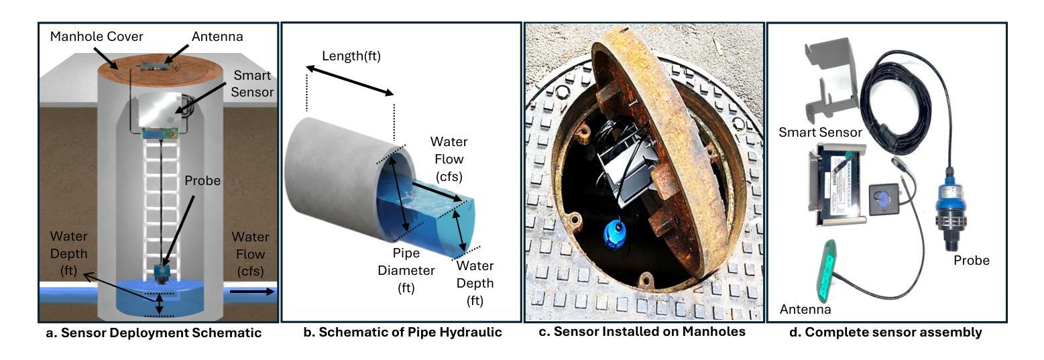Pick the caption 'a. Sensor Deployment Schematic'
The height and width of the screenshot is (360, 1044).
click(x=153, y=333)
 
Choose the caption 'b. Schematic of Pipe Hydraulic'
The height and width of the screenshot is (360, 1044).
click(x=401, y=333)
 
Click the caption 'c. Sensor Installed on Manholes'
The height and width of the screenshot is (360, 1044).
click(x=642, y=333)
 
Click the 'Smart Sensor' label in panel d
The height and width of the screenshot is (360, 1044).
click(x=820, y=133)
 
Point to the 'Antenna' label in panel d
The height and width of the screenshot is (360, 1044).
click(x=805, y=309)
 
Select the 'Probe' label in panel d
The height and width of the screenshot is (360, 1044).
click(x=971, y=260)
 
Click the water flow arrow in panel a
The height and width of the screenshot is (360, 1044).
click(x=252, y=292)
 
